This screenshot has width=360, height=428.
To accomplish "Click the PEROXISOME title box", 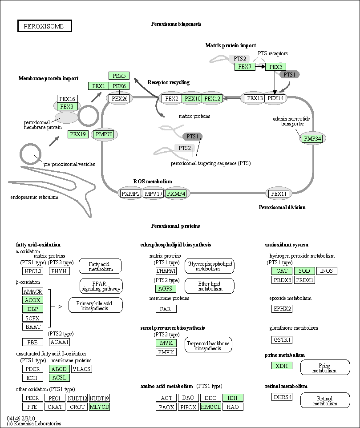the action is click(x=45, y=26).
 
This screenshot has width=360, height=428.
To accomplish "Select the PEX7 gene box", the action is click(x=245, y=67).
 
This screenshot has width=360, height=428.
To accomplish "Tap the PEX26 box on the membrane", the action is click(x=120, y=98).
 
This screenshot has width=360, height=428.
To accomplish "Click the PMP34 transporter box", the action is click(x=312, y=139).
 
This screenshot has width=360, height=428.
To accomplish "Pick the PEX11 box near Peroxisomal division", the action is click(x=279, y=194).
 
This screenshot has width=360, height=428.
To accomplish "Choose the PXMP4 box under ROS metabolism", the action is click(x=176, y=194).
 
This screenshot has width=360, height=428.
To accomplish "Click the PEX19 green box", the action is click(x=78, y=134).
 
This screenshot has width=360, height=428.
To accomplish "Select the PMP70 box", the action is click(x=104, y=134).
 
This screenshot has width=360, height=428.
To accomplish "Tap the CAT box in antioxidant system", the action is click(x=282, y=271).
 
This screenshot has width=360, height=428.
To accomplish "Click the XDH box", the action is click(x=282, y=366).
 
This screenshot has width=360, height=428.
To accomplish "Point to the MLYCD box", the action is click(x=99, y=407).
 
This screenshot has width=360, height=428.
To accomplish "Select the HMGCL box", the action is click(x=211, y=407).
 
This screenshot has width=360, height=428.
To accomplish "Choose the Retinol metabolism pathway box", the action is click(x=325, y=400).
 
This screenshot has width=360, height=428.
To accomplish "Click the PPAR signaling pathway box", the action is click(x=101, y=286).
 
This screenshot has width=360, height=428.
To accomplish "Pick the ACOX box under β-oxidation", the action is click(x=33, y=300).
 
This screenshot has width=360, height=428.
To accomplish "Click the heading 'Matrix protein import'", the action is click(x=231, y=45).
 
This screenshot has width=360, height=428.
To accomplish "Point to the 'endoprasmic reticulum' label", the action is click(x=34, y=197).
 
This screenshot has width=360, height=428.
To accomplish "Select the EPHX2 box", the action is click(x=282, y=309).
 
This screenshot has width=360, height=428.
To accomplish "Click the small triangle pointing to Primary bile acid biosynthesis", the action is click(x=60, y=307).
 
